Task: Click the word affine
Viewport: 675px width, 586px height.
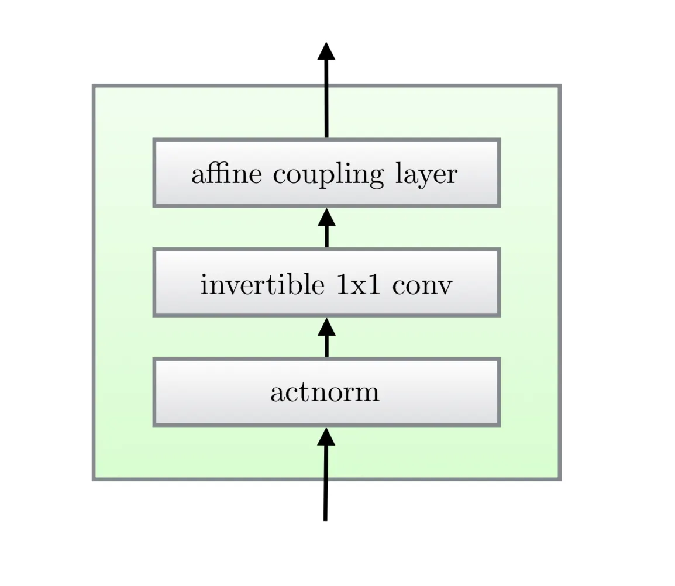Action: [x=226, y=174]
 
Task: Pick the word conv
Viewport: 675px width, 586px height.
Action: [x=422, y=286]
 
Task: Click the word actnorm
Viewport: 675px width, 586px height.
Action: [x=325, y=392]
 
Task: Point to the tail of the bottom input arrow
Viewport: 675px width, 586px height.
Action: [x=325, y=517]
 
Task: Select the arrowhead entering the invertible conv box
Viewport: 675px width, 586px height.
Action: [x=326, y=327]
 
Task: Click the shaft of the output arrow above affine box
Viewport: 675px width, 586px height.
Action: [x=326, y=99]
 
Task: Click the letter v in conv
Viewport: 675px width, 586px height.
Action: [x=445, y=287]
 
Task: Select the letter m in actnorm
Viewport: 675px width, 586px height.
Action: [x=367, y=393]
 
